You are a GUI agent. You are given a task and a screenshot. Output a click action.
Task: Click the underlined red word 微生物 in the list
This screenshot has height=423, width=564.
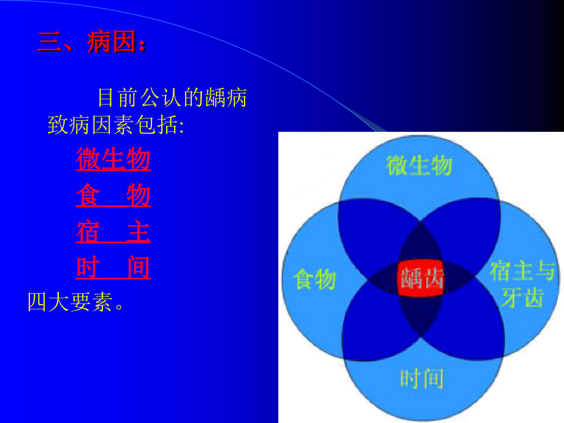point(113,160)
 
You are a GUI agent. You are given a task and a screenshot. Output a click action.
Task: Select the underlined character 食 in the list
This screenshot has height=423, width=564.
point(88,196)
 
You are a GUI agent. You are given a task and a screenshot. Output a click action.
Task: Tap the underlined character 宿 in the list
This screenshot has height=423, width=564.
point(88,232)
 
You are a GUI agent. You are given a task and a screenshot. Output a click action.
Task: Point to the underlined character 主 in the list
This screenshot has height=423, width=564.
point(139,232)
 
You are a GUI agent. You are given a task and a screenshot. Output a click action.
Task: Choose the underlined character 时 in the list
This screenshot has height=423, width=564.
point(88,268)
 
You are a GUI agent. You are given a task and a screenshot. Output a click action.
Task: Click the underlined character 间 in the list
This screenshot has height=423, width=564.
point(139,268)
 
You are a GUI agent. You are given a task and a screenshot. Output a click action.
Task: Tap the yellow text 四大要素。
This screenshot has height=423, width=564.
point(76,302)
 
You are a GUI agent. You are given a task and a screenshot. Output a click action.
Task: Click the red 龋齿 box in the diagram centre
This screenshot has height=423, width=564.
point(421,280)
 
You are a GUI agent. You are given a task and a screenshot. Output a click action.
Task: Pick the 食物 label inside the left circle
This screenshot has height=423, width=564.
point(314,280)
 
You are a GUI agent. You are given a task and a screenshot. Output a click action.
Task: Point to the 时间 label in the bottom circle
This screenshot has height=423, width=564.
point(421,378)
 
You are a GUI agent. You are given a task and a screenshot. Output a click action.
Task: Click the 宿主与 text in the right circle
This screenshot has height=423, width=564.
point(522,270)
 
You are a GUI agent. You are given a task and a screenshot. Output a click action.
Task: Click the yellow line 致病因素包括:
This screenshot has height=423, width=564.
point(116,126)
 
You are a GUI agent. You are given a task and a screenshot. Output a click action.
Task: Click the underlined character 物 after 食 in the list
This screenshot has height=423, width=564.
point(139,196)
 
